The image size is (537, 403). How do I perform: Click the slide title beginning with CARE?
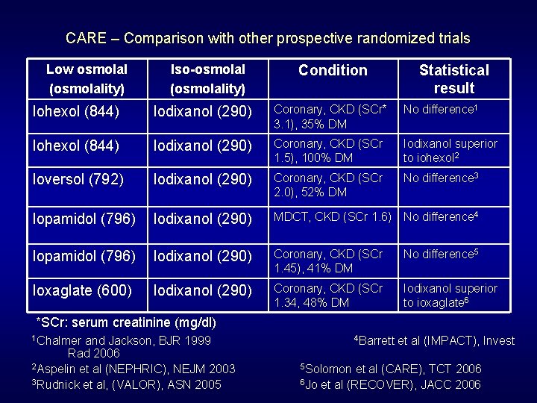pos(268,37)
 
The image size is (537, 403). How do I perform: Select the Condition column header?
pos(333,70)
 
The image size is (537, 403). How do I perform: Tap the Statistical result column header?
pos(453,79)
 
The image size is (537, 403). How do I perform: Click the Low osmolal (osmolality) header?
pos(87,78)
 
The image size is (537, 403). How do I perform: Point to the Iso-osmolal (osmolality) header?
pos(207,78)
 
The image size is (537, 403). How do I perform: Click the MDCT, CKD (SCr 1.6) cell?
pos(333,217)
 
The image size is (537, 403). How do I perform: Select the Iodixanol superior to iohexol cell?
pos(450,149)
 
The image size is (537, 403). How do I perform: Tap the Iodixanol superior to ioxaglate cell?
pos(450,295)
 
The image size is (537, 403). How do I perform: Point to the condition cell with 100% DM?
pos(327,149)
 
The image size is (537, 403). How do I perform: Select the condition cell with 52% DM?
pos(327,185)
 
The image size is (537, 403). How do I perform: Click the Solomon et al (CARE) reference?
pos(390,369)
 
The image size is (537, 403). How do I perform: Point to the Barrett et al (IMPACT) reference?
pos(435,340)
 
